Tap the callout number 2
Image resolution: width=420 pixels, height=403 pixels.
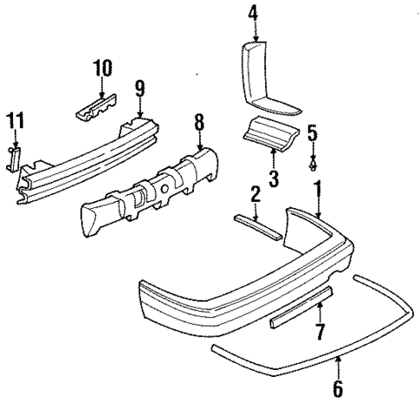click(256, 196)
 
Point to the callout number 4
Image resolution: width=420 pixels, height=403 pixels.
click(254, 14)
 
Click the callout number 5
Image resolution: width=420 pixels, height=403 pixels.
click(313, 133)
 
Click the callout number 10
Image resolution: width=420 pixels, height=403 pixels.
click(102, 68)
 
